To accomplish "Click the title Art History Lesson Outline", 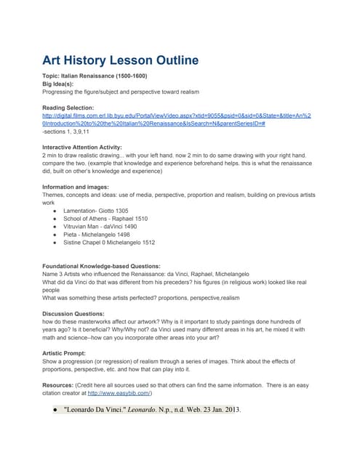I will [x=120, y=60].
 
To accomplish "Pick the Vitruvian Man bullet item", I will [x=101, y=226].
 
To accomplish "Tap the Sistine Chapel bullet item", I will [x=108, y=243].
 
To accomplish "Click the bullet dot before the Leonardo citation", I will [x=55, y=409].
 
